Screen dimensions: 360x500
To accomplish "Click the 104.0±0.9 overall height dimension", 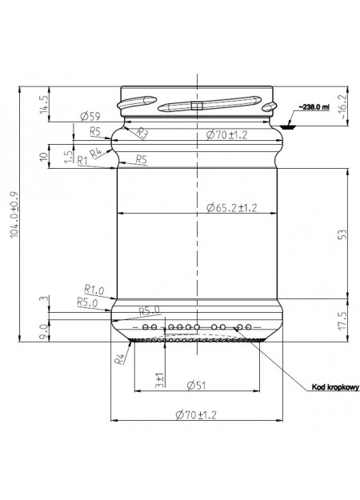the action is pyautogui.click(x=15, y=214).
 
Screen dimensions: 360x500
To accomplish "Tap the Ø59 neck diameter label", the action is pyautogui.click(x=90, y=116).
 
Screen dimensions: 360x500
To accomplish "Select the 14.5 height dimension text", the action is pyautogui.click(x=44, y=105).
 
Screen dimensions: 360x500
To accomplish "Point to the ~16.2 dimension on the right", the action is pyautogui.click(x=342, y=106).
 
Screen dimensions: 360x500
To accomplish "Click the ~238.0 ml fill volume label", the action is pyautogui.click(x=314, y=107).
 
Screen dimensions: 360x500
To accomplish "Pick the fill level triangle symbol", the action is pyautogui.click(x=289, y=126).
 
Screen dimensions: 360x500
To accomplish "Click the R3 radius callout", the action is pyautogui.click(x=142, y=133).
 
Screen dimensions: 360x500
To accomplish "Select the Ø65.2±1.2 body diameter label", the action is pyautogui.click(x=231, y=208).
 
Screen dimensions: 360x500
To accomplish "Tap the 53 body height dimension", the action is pyautogui.click(x=342, y=234).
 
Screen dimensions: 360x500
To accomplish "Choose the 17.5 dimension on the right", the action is pyautogui.click(x=342, y=321).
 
